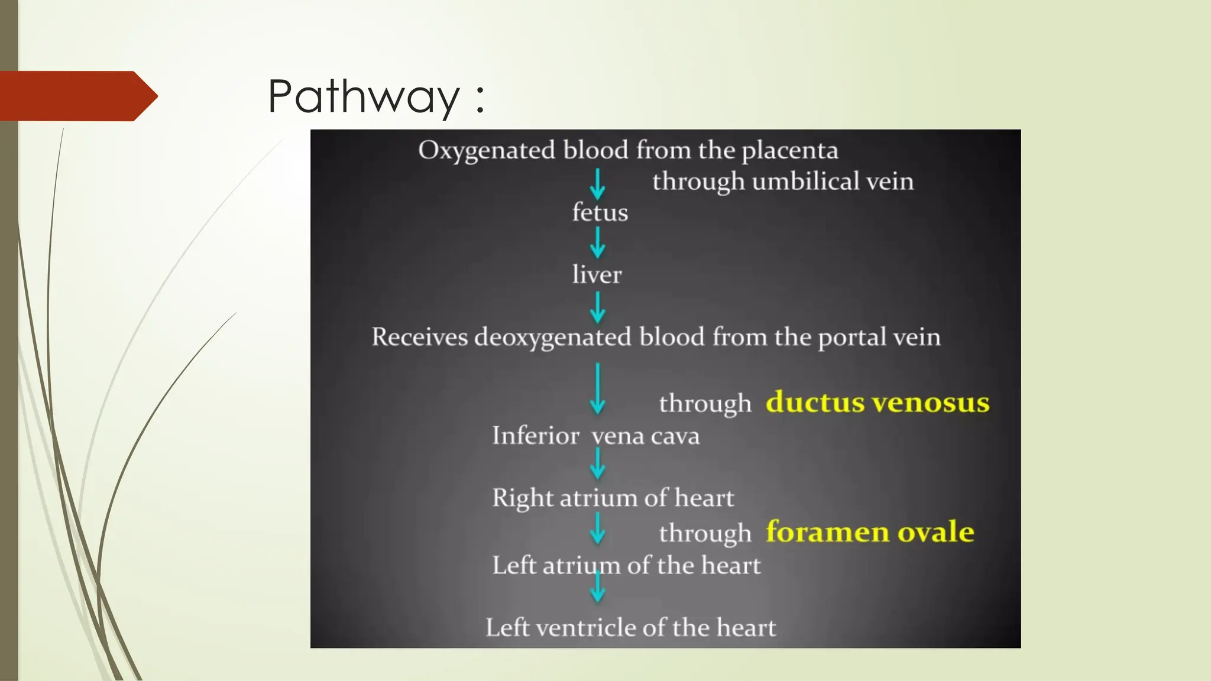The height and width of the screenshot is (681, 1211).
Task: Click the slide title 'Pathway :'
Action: tap(376, 96)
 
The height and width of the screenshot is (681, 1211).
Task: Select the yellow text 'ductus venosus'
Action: tap(877, 403)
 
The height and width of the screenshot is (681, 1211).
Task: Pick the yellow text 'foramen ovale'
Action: tap(869, 531)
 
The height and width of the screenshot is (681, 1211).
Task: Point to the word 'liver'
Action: tap(597, 275)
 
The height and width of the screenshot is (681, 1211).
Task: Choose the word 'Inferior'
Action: tap(535, 436)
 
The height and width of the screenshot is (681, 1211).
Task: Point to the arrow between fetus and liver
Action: tap(598, 243)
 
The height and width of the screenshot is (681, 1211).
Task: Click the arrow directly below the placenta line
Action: tap(598, 184)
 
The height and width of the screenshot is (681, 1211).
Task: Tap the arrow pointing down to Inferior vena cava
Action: tap(598, 388)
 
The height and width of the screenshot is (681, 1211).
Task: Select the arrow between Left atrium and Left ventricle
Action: tap(598, 586)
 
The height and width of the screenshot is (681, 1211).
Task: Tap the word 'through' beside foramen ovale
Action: tap(705, 533)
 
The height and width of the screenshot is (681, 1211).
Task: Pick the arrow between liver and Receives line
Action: tap(598, 307)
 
